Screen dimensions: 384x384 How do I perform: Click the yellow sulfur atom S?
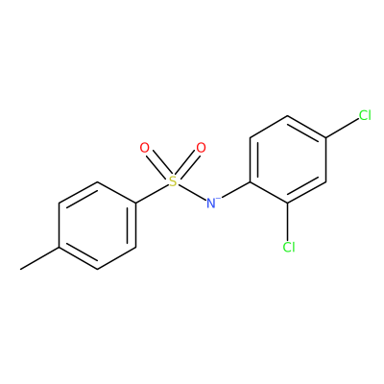click(x=173, y=181)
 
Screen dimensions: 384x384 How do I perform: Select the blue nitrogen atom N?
click(x=210, y=204)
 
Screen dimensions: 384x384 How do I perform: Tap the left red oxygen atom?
click(x=145, y=148)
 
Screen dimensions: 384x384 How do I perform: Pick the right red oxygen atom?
click(x=201, y=148)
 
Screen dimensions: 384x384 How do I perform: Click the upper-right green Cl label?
click(x=365, y=115)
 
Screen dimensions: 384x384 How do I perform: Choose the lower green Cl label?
click(x=289, y=247)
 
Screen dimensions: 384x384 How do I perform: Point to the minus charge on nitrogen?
click(x=218, y=199)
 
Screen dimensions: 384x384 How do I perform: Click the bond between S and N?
click(x=192, y=192)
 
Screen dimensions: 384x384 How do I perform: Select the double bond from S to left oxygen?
click(x=158, y=165)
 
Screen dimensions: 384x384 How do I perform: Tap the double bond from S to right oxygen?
click(x=187, y=165)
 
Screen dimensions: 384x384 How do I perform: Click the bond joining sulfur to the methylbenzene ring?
click(x=152, y=194)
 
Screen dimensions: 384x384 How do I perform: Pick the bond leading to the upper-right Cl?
click(x=342, y=129)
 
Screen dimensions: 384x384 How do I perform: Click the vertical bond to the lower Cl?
click(x=288, y=223)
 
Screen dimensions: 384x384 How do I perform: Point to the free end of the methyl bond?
click(x=21, y=269)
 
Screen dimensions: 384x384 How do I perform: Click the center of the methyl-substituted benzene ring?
click(x=97, y=226)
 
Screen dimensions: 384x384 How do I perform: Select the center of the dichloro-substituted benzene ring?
click(x=288, y=159)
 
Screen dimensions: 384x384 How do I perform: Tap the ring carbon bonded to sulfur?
click(x=135, y=204)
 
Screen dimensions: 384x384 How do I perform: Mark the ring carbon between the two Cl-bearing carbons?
click(x=325, y=181)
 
